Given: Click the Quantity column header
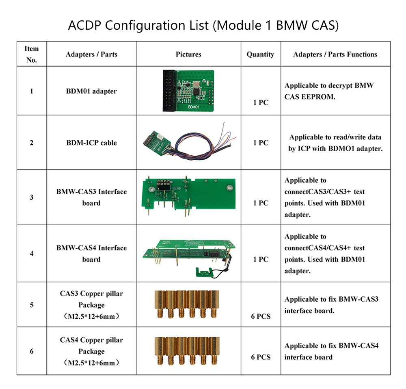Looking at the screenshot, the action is click(260, 54).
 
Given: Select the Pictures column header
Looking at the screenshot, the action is click(188, 54).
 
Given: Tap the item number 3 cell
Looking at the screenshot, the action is click(32, 197).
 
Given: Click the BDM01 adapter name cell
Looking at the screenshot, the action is click(91, 91).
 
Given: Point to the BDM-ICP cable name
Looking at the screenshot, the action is click(91, 143).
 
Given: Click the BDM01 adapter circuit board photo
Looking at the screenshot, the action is click(188, 91).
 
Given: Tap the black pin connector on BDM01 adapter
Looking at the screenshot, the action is click(169, 91).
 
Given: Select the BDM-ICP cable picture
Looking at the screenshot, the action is click(189, 141).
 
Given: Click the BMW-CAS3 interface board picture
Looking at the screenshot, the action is click(188, 196).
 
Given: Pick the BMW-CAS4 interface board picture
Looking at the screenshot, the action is click(189, 259).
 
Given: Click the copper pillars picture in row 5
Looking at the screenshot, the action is click(187, 304).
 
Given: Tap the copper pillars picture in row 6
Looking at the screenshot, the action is click(187, 351).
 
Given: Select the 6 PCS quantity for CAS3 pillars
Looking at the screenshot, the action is click(261, 316).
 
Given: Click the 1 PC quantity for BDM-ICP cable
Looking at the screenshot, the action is click(261, 143).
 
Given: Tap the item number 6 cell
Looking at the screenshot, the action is click(32, 351).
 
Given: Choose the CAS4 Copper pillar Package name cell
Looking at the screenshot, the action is click(91, 351).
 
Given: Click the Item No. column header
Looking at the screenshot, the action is click(32, 54).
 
